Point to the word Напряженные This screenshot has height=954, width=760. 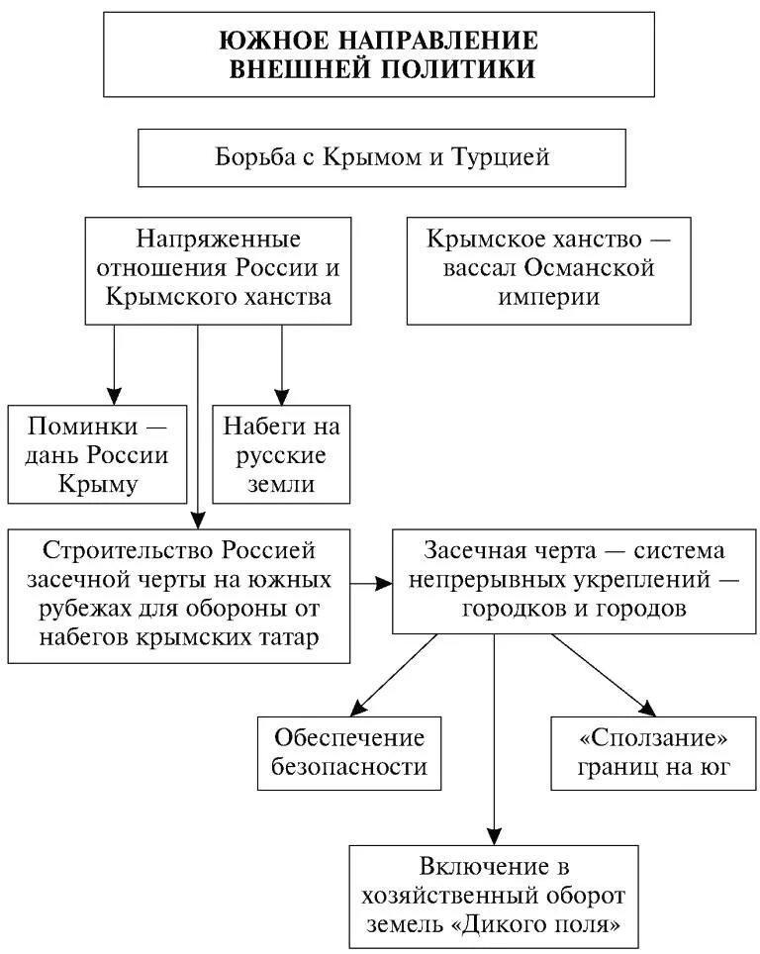pos(218,240)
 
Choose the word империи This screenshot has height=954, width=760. pos(549,297)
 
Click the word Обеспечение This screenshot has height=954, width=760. pos(349,737)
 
